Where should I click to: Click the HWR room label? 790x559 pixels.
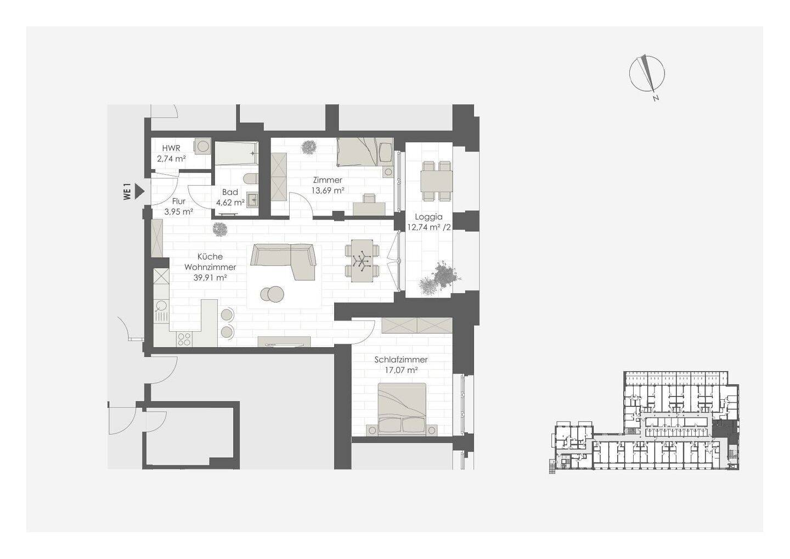tap(171, 148)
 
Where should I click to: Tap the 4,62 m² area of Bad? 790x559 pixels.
tap(230, 203)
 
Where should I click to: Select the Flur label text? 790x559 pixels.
tap(179, 201)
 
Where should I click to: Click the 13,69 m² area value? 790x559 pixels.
tap(328, 191)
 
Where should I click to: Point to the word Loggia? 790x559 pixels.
tap(428, 217)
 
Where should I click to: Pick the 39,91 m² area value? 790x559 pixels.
tap(210, 278)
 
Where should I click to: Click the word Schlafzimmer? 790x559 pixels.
tap(401, 360)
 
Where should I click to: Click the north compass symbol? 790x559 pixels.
tap(647, 75)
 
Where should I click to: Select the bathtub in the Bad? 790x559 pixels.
tap(236, 153)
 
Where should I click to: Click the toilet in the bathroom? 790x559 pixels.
tap(251, 179)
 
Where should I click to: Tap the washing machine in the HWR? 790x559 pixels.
tap(202, 146)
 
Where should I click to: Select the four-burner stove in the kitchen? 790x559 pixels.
tap(184, 339)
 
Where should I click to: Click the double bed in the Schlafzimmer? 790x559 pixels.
tap(402, 409)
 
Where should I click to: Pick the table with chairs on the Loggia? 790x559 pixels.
tap(436, 181)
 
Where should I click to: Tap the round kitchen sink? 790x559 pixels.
tap(161, 305)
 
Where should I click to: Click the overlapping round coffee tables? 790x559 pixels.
tap(272, 294)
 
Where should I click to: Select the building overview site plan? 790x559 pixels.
tap(644, 422)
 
